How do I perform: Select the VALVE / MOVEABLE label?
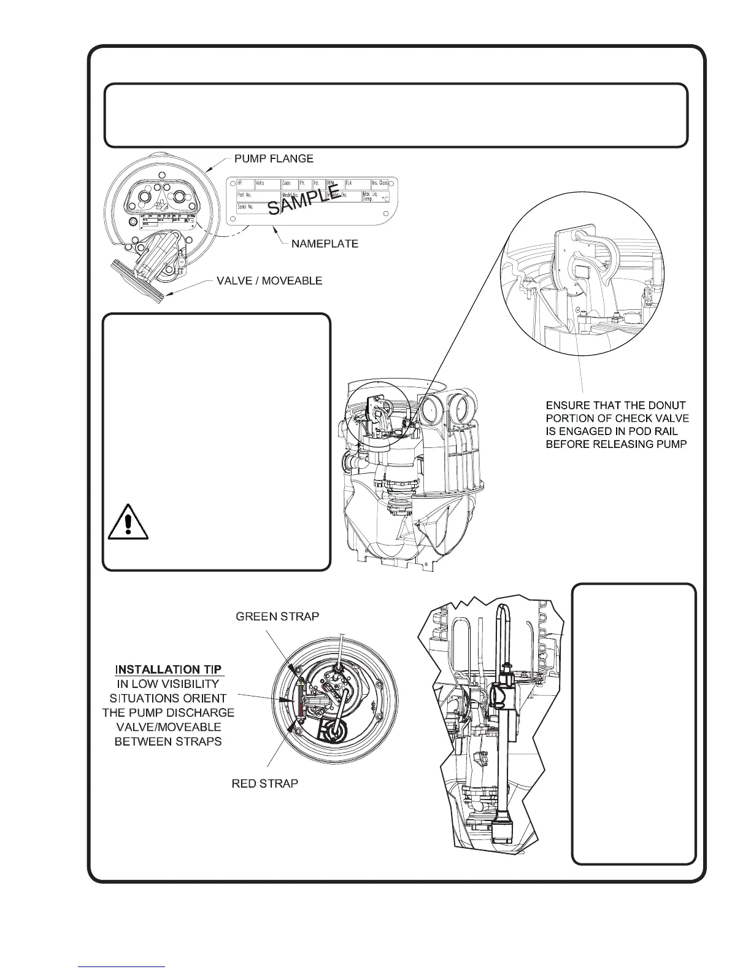coord(269,281)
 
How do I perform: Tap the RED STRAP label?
coord(265,784)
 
